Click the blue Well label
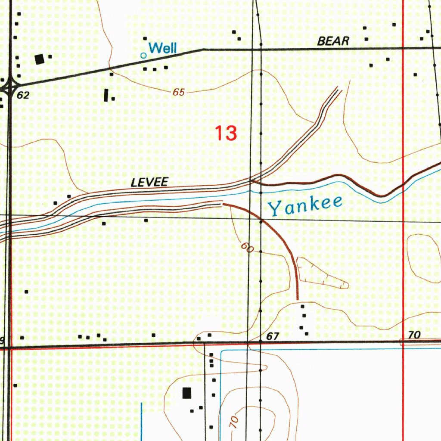[162, 48]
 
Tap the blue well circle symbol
[144, 55]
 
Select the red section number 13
[226, 133]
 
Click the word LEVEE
[149, 183]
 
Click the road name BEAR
[333, 41]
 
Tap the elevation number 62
[23, 96]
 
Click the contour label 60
[247, 248]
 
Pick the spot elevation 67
[273, 336]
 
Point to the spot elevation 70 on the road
[414, 335]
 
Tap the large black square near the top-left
[40, 59]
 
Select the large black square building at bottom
[186, 393]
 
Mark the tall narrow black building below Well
[106, 95]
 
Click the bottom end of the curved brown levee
[298, 298]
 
